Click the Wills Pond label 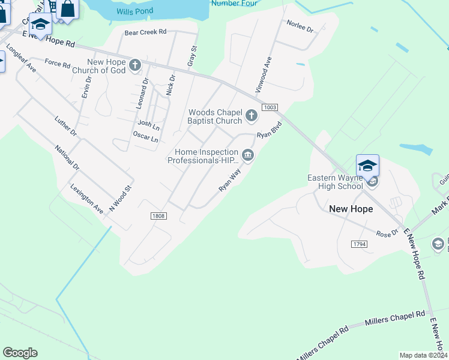tap(135, 11)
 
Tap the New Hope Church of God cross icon tap(136, 64)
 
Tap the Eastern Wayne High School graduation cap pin tap(367, 166)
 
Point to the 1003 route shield tap(270, 107)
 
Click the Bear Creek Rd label tap(145, 33)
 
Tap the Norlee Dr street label tap(300, 26)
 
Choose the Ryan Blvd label tap(270, 131)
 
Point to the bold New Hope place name tap(351, 209)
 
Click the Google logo tap(20, 353)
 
